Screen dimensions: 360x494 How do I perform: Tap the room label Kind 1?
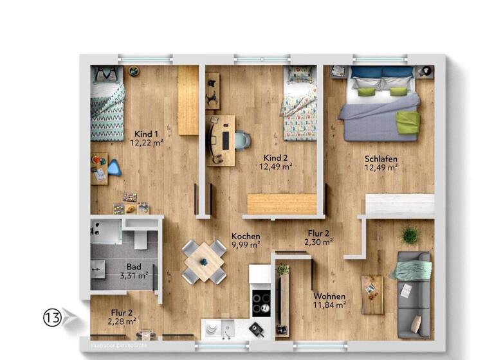[x=146, y=134]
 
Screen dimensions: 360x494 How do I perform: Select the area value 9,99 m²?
[x=246, y=245]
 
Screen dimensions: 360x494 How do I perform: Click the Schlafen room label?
[x=380, y=159]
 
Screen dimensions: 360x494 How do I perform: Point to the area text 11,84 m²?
[x=329, y=305]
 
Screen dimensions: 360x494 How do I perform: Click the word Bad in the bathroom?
[x=134, y=266]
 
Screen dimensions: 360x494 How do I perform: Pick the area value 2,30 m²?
[x=318, y=242]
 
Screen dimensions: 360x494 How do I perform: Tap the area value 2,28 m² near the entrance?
[x=122, y=321]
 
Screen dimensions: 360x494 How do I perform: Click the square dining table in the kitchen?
[x=204, y=262]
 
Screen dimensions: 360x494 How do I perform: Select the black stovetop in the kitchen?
[x=260, y=301]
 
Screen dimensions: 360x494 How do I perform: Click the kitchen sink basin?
[x=214, y=330]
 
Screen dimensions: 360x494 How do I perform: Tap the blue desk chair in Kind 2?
[x=241, y=139]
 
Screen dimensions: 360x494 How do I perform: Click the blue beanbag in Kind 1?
[x=114, y=166]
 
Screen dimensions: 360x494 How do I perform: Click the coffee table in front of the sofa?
[x=372, y=294]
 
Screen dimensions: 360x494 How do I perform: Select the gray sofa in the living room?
[x=413, y=294]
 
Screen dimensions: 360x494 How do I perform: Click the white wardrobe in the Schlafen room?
[x=399, y=205]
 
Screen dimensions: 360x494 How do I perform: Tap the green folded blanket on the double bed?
[x=407, y=122]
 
